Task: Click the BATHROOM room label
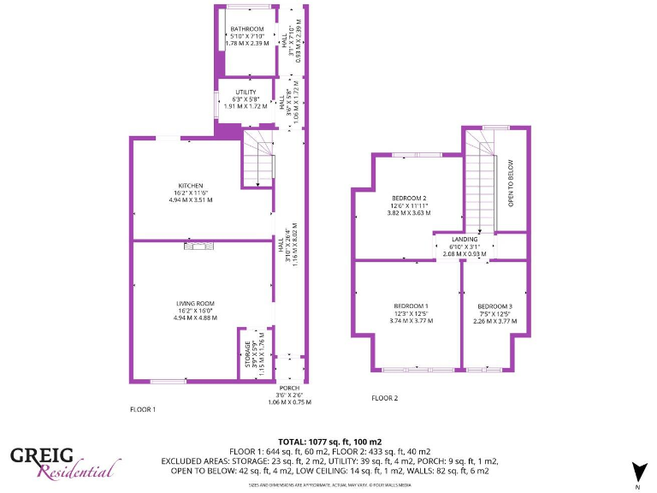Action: click(246, 29)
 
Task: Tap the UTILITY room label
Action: click(246, 92)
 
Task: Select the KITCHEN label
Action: click(190, 186)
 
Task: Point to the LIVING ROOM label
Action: click(194, 304)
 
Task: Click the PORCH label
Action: click(289, 388)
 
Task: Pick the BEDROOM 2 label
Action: click(409, 199)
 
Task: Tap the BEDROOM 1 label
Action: click(411, 306)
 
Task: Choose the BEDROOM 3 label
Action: click(494, 306)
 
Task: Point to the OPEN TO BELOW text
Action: click(511, 183)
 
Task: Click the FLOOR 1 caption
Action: click(142, 409)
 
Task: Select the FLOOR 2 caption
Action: click(384, 398)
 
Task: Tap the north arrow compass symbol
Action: click(637, 472)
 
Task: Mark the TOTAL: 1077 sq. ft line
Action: click(329, 442)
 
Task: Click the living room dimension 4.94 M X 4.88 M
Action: click(194, 318)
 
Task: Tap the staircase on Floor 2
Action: click(482, 193)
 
